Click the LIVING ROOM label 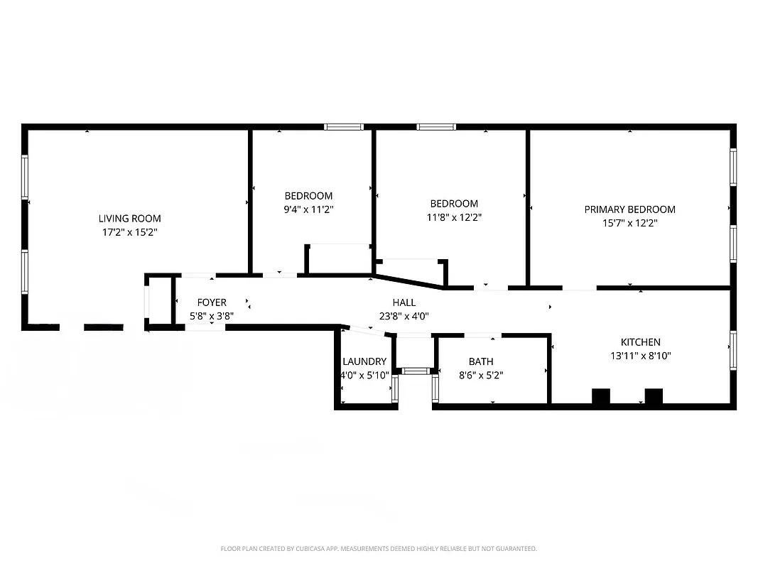point(129,219)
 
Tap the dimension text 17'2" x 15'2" point(129,232)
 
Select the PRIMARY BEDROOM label point(629,209)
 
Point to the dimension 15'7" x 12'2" point(629,223)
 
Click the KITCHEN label point(640,342)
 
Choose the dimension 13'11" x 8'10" point(640,356)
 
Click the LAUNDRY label point(364,361)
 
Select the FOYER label point(212,302)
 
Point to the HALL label point(404,302)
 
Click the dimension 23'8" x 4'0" point(404,316)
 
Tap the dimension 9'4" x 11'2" point(308,209)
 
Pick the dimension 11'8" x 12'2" point(453,217)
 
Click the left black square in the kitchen point(601,396)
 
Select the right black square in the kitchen point(653,396)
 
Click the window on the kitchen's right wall point(732,349)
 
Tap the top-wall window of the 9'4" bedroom point(344,127)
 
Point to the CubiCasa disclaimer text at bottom point(379,549)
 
